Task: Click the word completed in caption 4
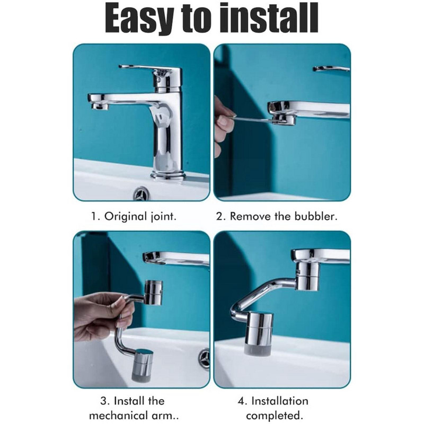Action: (273, 416)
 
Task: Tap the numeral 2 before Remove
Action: (219, 217)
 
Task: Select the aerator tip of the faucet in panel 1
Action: (99, 105)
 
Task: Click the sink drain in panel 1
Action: (142, 193)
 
